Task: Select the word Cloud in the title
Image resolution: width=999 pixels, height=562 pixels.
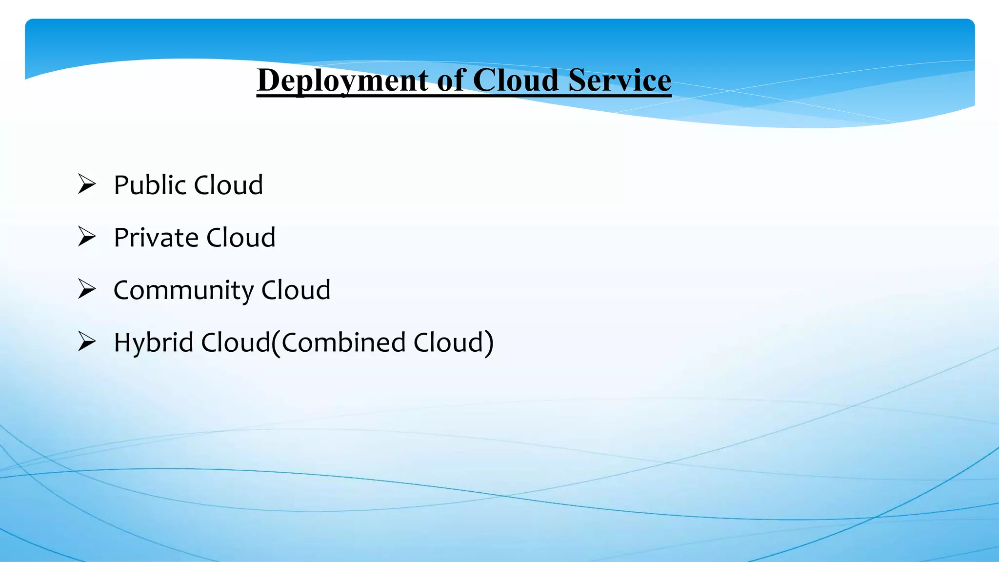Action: tap(516, 80)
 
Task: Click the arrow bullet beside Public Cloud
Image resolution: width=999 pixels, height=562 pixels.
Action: tap(87, 184)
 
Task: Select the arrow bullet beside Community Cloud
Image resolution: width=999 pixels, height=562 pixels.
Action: tap(87, 289)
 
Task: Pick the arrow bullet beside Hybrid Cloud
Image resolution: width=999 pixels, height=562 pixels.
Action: tap(87, 341)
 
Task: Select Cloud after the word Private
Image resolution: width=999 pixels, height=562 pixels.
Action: tap(241, 238)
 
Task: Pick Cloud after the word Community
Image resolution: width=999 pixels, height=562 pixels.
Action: tap(296, 290)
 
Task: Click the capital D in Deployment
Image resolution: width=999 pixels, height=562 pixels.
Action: tap(268, 80)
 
